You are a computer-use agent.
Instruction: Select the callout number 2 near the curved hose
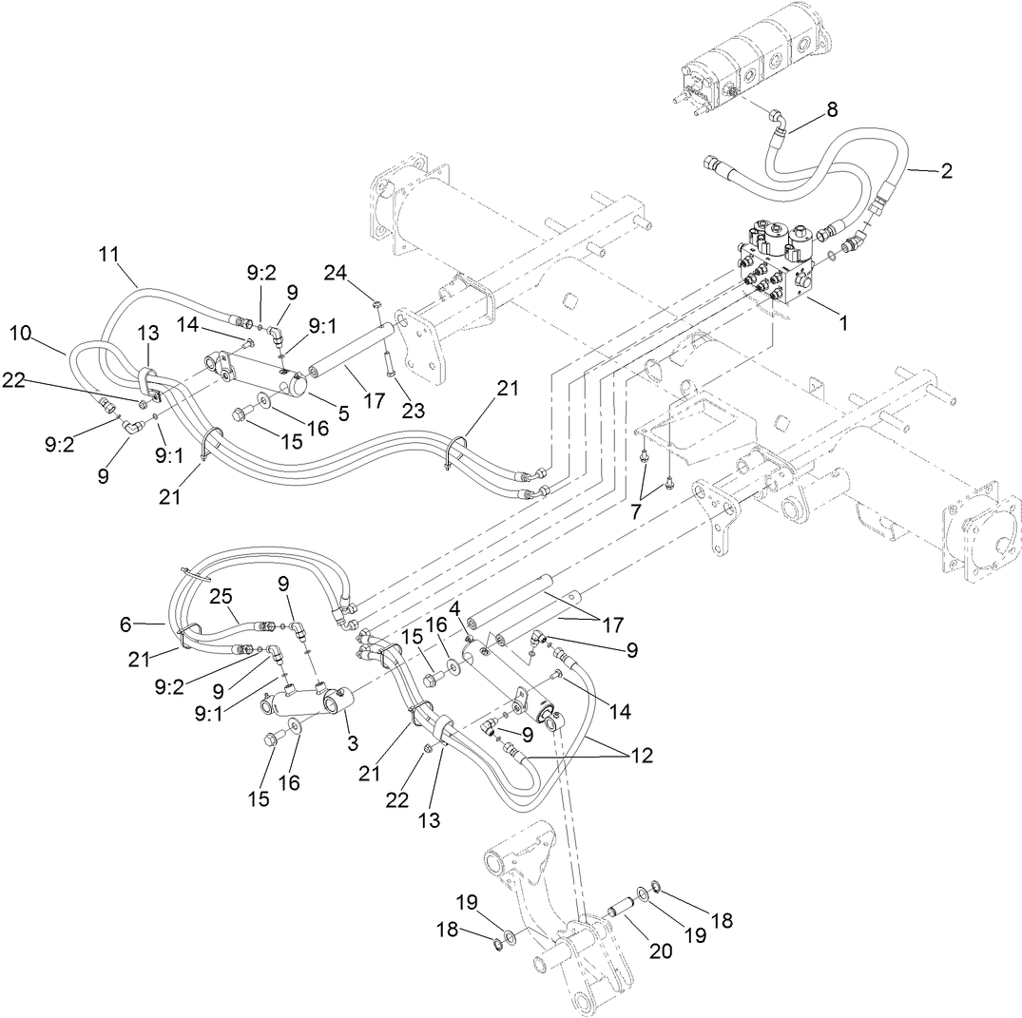point(945,172)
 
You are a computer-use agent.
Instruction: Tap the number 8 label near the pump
point(831,109)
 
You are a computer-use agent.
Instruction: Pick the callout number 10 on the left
point(21,332)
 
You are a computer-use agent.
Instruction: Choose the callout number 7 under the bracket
point(636,510)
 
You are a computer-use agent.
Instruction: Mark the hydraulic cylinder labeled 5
point(257,373)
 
